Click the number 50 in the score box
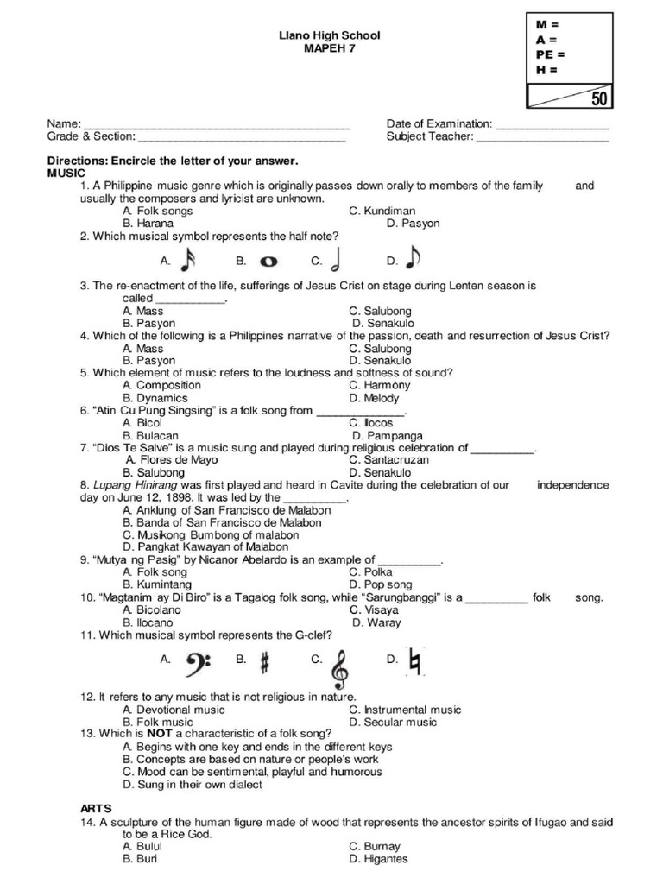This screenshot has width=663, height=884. pos(598,98)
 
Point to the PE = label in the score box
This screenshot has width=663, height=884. pos(549,54)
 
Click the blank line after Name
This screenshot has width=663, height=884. pos(215,124)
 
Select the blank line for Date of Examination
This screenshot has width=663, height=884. pos(552,124)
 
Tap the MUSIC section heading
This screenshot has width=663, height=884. pos(66,174)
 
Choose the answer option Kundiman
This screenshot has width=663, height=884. pos(382,211)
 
